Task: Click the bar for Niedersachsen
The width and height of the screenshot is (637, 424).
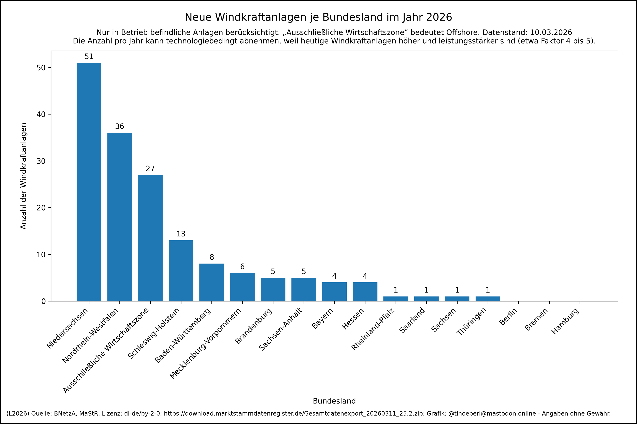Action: coord(89,182)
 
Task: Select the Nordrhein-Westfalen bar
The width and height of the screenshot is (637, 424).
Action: coord(120,217)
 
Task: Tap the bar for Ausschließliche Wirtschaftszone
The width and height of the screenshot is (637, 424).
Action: coord(150,238)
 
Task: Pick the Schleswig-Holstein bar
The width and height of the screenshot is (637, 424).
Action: coord(181,270)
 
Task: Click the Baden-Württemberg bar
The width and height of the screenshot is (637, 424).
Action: coord(211,282)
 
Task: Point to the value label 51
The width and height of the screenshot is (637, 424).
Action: coord(89,56)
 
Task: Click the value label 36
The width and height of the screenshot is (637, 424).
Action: coord(120,127)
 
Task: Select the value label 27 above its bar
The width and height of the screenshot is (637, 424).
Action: coord(150,169)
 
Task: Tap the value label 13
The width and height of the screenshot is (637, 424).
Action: coord(181,234)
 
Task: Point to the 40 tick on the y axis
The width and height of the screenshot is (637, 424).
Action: coord(41,114)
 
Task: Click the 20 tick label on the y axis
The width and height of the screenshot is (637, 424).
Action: coord(41,208)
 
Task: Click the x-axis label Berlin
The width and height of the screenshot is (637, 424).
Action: coord(508,317)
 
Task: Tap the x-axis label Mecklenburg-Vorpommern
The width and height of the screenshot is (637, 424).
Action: coord(205,343)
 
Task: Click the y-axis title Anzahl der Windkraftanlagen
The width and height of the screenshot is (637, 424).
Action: coord(23,176)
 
